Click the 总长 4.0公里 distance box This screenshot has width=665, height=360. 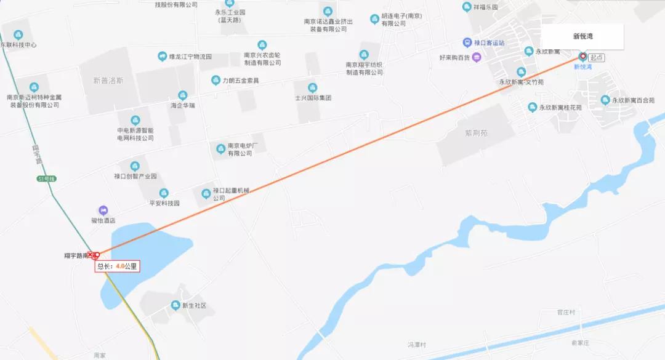pyautogui.click(x=117, y=266)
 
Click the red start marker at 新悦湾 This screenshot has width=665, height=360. pyautogui.click(x=582, y=57)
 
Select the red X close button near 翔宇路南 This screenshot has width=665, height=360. pyautogui.click(x=91, y=255)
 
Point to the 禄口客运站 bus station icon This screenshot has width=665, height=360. pyautogui.click(x=468, y=42)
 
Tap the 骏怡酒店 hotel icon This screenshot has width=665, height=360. pyautogui.click(x=103, y=210)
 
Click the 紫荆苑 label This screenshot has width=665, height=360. pyautogui.click(x=477, y=132)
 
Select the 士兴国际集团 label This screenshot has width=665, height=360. pyautogui.click(x=313, y=98)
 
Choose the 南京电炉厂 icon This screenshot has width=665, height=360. pyautogui.click(x=220, y=148)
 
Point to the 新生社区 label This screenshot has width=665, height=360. pyautogui.click(x=193, y=305)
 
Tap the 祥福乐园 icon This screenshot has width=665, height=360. pyautogui.click(x=467, y=7)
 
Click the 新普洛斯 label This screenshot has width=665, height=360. pyautogui.click(x=108, y=80)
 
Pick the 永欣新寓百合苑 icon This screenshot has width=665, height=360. pyautogui.click(x=605, y=100)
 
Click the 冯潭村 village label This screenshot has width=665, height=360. pyautogui.click(x=417, y=344)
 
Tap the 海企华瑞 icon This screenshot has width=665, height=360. pyautogui.click(x=182, y=95)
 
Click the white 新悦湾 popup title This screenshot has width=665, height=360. pyautogui.click(x=582, y=36)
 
